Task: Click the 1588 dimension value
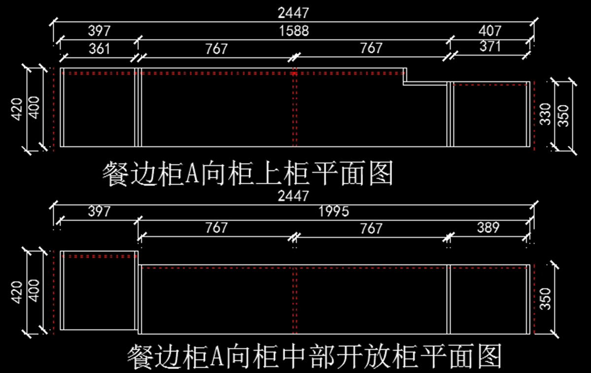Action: (294, 31)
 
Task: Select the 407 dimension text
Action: (490, 31)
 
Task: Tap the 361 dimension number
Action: (99, 48)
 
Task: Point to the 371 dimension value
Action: (490, 47)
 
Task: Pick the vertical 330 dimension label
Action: (545, 114)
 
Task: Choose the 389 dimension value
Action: (488, 228)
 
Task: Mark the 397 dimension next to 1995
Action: (99, 212)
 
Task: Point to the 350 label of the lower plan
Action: (545, 298)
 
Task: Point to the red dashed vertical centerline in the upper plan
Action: (295, 108)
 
